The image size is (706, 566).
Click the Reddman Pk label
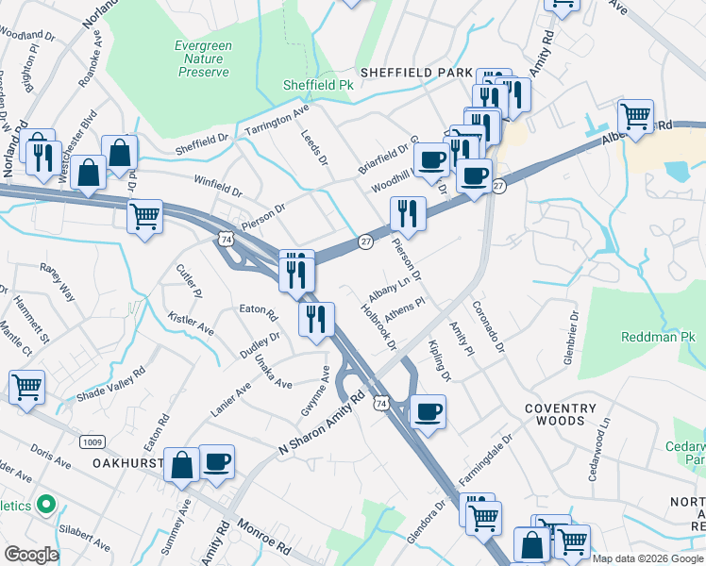[657, 337]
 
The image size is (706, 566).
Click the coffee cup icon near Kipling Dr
[428, 411]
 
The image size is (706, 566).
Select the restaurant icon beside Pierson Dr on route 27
[407, 213]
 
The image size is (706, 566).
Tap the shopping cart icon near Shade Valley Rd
[26, 387]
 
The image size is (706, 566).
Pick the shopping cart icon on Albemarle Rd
[635, 117]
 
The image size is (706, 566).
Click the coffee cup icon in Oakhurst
[216, 461]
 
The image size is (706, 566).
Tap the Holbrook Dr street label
[378, 326]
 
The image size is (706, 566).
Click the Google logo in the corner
[31, 555]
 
